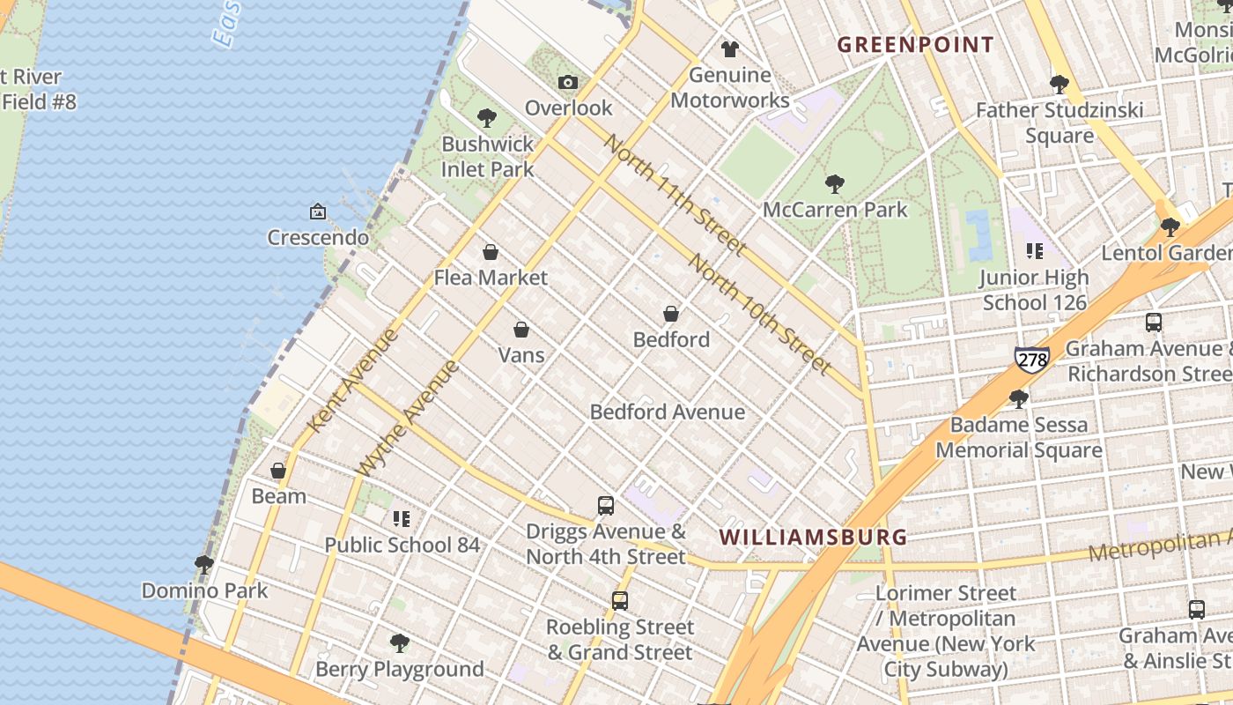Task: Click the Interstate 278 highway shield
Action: click(x=1031, y=358)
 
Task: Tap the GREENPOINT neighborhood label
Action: click(x=915, y=45)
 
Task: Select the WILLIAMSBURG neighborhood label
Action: click(x=813, y=537)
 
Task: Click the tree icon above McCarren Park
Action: click(x=834, y=184)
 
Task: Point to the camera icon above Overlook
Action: click(x=568, y=82)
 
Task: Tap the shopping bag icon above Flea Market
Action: click(x=491, y=252)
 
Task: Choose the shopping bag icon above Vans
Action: click(x=521, y=330)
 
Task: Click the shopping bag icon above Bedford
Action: click(x=671, y=314)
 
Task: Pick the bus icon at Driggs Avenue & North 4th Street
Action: click(x=605, y=506)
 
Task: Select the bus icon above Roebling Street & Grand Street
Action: click(x=620, y=601)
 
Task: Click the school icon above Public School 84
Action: click(x=402, y=519)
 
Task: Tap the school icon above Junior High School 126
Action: click(x=1035, y=251)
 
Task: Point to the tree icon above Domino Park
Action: click(x=204, y=564)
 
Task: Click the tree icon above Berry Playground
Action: click(x=400, y=643)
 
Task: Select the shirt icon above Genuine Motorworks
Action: click(x=729, y=48)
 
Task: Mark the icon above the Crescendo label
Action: click(x=318, y=211)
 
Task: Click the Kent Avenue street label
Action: click(x=351, y=381)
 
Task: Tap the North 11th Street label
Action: click(x=676, y=195)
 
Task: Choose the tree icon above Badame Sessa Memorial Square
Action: click(x=1018, y=398)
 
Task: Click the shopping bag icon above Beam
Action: click(x=278, y=471)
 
